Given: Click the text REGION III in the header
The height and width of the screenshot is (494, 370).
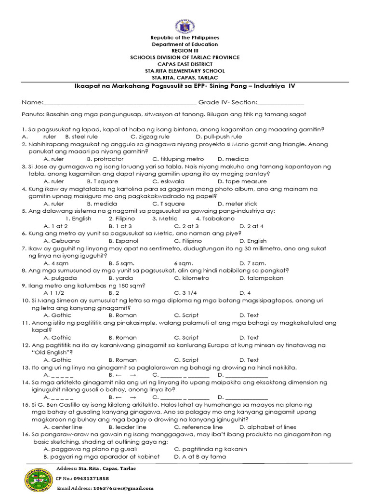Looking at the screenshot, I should point(185,51).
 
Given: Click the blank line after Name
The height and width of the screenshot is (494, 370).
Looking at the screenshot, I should point(120,103).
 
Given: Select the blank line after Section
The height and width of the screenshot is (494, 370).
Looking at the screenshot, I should point(281,103).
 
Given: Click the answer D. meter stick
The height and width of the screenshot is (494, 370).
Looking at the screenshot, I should point(238,204).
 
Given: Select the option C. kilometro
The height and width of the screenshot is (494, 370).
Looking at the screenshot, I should point(192,278).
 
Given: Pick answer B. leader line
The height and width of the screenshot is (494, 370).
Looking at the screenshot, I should point(128,427).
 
